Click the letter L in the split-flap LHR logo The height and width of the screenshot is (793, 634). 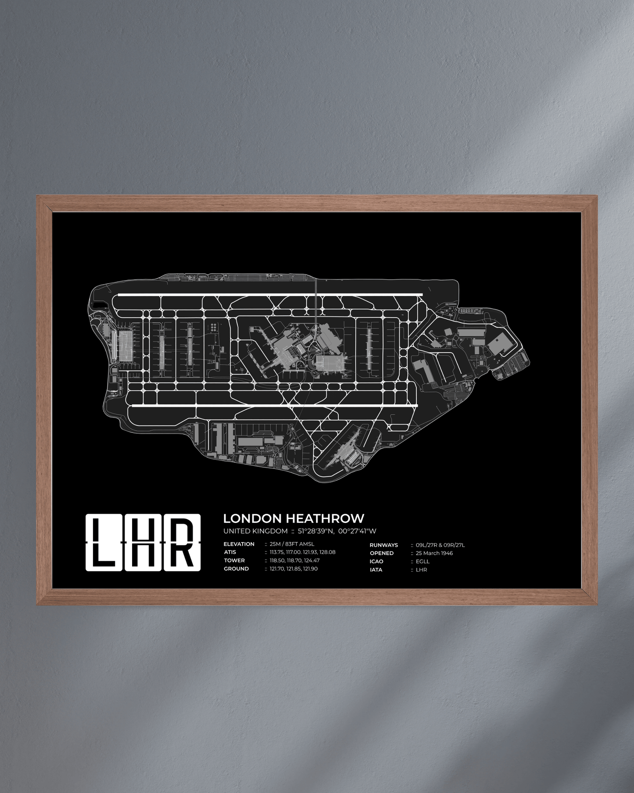coord(104,543)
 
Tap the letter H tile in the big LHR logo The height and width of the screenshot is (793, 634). coord(143,543)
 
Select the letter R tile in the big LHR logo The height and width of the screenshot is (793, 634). coord(182,543)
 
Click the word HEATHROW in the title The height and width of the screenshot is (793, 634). coord(325,519)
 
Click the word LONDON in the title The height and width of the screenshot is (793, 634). coord(252,519)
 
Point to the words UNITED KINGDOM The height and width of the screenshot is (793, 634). coord(255,531)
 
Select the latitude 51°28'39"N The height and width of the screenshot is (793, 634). coord(316,531)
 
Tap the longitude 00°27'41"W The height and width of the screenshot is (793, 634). coord(357,531)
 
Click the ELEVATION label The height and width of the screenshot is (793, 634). coord(239,544)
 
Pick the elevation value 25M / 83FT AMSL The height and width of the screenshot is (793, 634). coord(292,544)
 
